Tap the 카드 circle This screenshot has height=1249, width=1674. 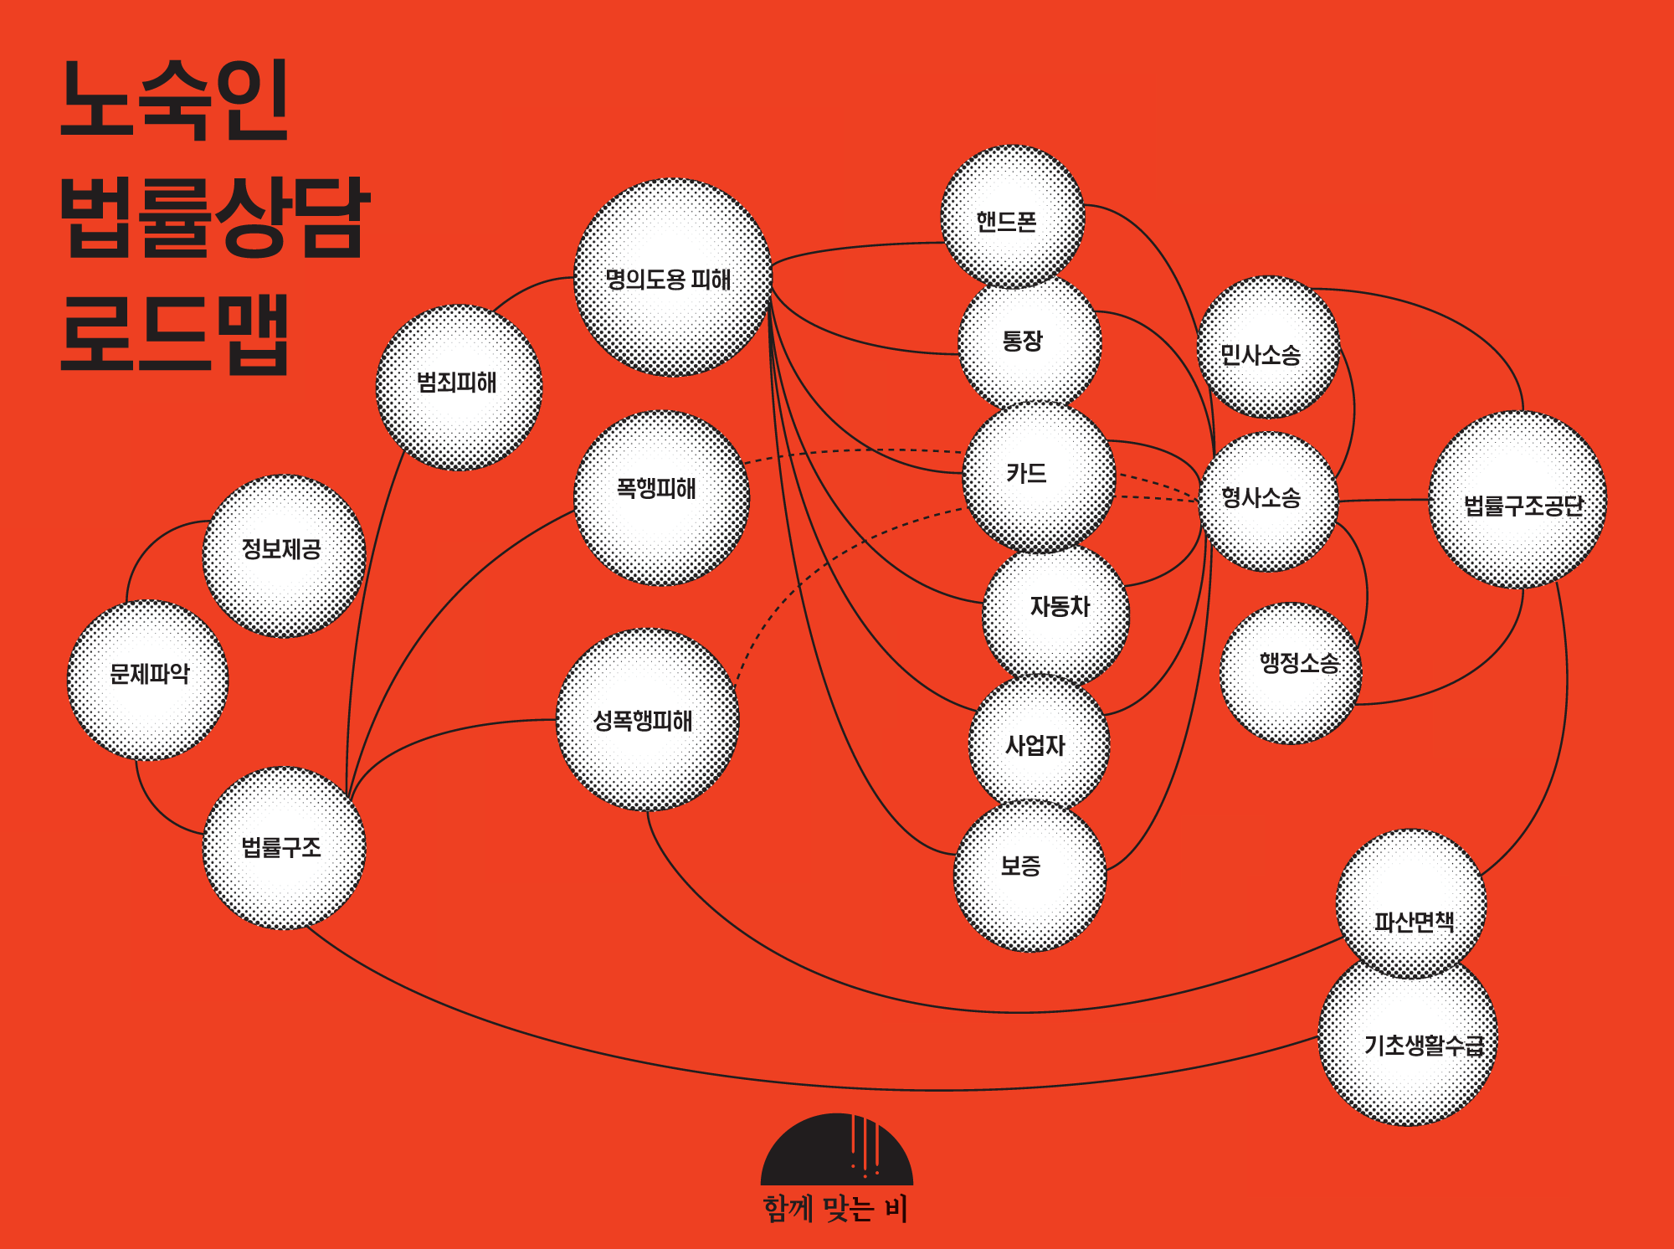point(1039,477)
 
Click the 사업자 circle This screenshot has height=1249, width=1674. point(1039,743)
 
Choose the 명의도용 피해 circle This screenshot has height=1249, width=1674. point(672,278)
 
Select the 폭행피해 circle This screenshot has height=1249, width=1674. point(661,497)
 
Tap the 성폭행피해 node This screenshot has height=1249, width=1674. point(647,720)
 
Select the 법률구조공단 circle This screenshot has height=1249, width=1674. point(1517,500)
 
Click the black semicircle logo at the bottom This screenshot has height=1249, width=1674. point(836,1151)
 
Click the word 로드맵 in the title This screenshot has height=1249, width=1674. point(176,333)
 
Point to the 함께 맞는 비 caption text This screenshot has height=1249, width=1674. point(834,1209)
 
